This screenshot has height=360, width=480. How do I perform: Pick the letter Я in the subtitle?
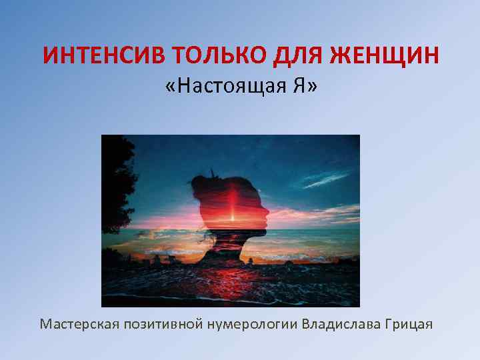[x=296, y=87]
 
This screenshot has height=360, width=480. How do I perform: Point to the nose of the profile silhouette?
[x=268, y=213]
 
